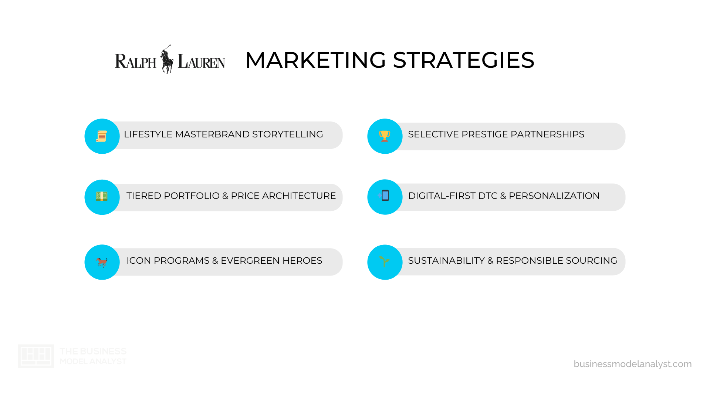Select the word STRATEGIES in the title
pyautogui.click(x=464, y=60)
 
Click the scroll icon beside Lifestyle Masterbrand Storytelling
pyautogui.click(x=102, y=136)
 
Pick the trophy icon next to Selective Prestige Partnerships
pyautogui.click(x=385, y=136)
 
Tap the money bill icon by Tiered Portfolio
pyautogui.click(x=102, y=196)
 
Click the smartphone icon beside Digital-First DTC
pyautogui.click(x=385, y=195)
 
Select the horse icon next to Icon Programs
pyautogui.click(x=102, y=262)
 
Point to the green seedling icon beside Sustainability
pyautogui.click(x=385, y=261)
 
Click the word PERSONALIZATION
pyautogui.click(x=554, y=196)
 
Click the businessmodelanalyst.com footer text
pyautogui.click(x=633, y=364)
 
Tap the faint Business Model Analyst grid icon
pyautogui.click(x=36, y=356)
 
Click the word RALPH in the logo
pyautogui.click(x=136, y=61)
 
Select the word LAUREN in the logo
pyautogui.click(x=201, y=61)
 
